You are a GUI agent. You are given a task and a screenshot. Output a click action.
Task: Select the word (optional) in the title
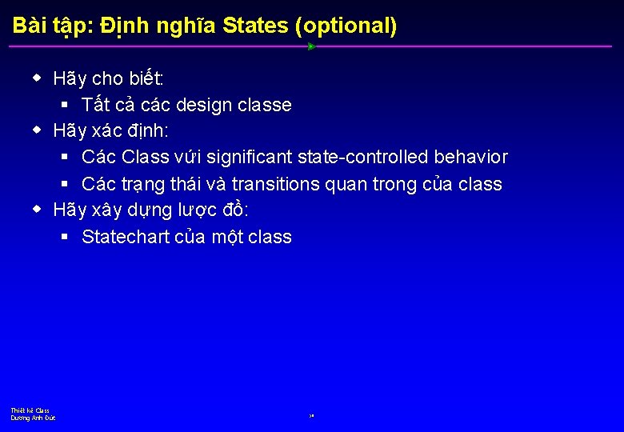(346, 26)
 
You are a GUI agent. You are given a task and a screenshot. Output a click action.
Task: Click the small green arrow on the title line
(311, 46)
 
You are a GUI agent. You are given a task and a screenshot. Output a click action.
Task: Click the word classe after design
(264, 105)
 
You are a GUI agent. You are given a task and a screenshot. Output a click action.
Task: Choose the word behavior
(470, 158)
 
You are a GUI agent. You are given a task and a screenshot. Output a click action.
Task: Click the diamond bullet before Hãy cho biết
(37, 78)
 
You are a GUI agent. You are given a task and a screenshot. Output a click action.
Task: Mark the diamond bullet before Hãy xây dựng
(37, 210)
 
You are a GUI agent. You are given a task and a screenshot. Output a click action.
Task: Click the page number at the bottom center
(311, 416)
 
